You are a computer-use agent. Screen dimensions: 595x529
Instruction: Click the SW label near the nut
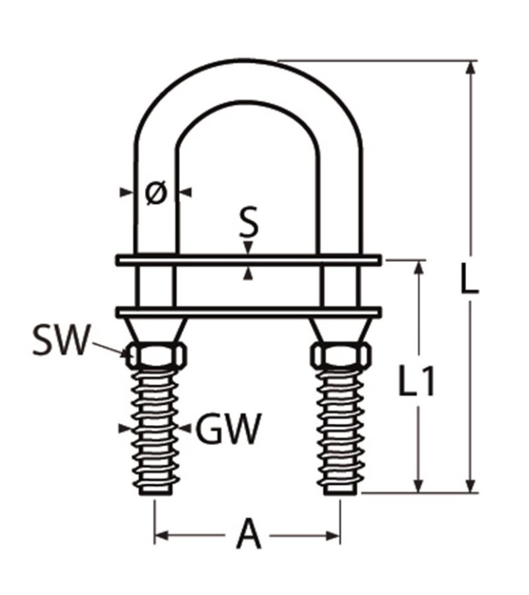(60, 342)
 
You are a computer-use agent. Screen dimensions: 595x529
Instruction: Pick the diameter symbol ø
(155, 192)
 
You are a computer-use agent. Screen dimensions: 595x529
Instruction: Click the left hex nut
(156, 356)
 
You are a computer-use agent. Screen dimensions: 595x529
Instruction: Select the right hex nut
(339, 356)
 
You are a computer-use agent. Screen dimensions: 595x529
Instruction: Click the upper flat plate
(249, 260)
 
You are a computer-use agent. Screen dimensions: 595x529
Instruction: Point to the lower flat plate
(249, 311)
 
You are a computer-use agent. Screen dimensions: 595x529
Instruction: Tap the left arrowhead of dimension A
(161, 534)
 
